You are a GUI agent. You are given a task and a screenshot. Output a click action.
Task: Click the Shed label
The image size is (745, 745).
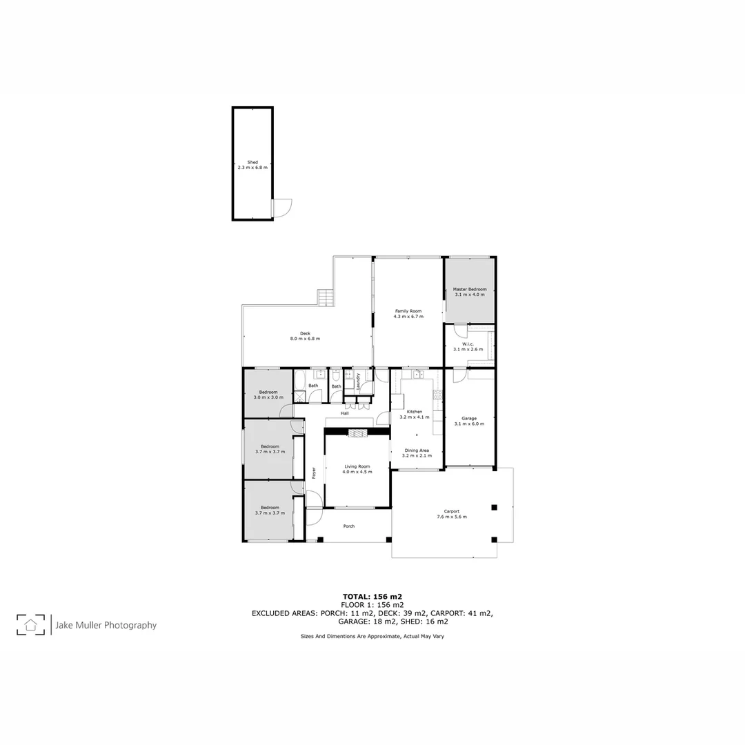pyautogui.click(x=252, y=162)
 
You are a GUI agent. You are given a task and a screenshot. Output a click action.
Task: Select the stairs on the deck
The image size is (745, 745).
pyautogui.click(x=325, y=297)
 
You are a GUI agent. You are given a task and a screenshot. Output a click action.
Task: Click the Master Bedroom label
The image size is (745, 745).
pyautogui.click(x=469, y=289)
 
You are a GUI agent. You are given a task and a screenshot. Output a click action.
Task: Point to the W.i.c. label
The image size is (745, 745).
pyautogui.click(x=467, y=344)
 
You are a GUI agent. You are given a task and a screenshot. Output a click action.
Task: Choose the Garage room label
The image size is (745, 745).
pyautogui.click(x=469, y=418)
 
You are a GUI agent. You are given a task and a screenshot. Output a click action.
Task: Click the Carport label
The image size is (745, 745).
pyautogui.click(x=452, y=511)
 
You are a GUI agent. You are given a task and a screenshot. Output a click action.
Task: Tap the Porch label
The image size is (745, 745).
pyautogui.click(x=349, y=526)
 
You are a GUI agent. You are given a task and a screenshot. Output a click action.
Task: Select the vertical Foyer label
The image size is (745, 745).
pyautogui.click(x=314, y=473)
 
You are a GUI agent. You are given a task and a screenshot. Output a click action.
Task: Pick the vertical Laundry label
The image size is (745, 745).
pyautogui.click(x=359, y=381)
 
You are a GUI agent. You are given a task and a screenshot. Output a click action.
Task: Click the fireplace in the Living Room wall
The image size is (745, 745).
pyautogui.click(x=357, y=433)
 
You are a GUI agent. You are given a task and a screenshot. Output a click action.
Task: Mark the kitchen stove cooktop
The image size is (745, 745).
pyautogui.click(x=437, y=399)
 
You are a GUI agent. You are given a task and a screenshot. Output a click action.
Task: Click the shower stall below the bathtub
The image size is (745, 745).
pyautogui.click(x=299, y=397)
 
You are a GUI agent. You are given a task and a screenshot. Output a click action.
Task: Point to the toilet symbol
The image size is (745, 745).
pyautogui.click(x=334, y=377)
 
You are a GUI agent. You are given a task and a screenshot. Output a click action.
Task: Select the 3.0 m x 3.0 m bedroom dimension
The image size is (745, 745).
pyautogui.click(x=268, y=397)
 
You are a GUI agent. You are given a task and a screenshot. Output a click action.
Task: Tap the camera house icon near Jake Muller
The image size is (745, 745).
pyautogui.click(x=30, y=624)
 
